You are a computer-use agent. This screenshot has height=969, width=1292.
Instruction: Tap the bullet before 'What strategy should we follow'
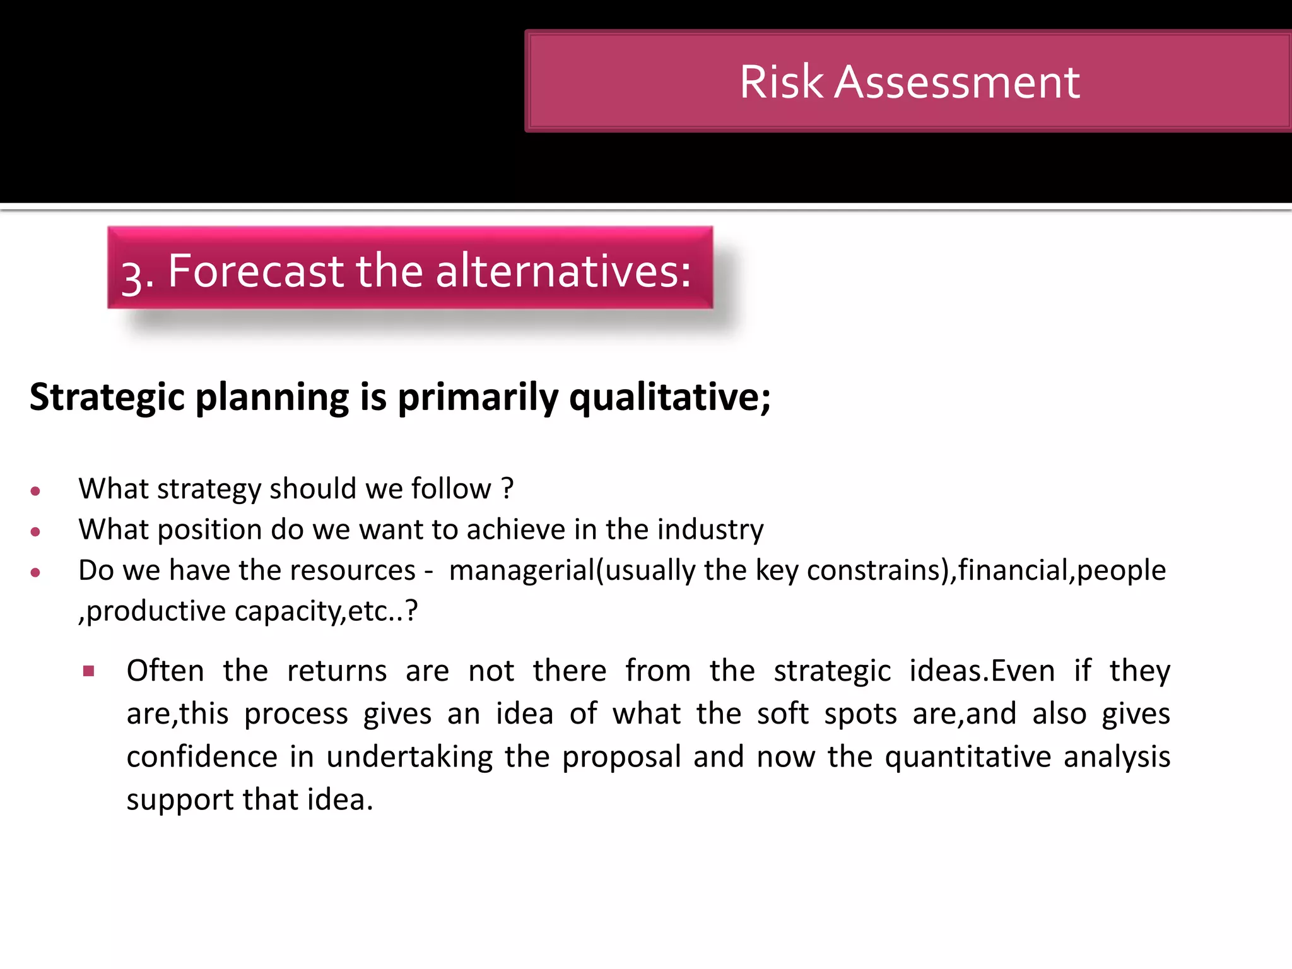[35, 491]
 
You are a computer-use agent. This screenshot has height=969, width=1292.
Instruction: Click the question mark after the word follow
[507, 489]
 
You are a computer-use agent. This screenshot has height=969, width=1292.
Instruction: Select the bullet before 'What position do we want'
[35, 532]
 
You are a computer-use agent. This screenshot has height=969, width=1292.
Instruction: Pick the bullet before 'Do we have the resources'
[35, 573]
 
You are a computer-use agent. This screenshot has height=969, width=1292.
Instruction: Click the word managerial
[522, 570]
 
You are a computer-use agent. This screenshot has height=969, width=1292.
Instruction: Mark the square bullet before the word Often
[88, 671]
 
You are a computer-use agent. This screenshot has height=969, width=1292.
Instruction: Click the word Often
[165, 671]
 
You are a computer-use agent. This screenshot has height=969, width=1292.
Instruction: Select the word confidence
[202, 757]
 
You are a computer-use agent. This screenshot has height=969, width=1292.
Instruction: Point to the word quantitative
[968, 757]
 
